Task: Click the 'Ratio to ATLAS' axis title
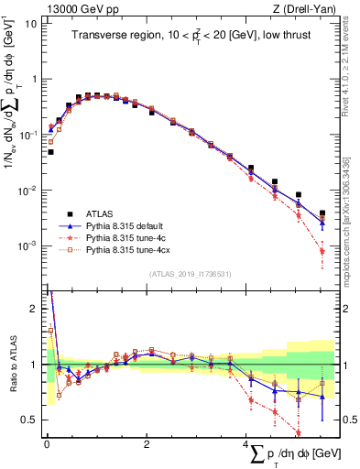(11, 365)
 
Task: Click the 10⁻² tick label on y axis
(27, 191)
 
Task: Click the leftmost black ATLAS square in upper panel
(50, 152)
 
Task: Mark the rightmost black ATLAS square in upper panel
(322, 213)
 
